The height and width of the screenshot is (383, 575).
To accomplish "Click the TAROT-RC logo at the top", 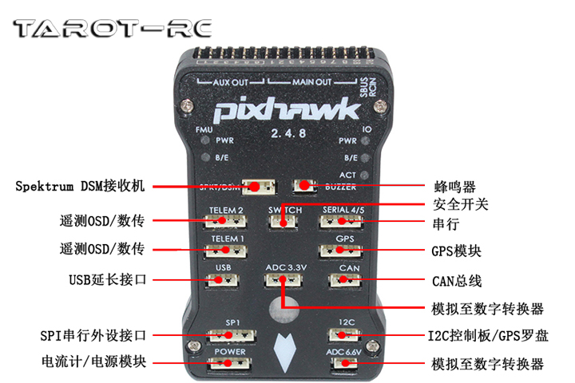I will (113, 30).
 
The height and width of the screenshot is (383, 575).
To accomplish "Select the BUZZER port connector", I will (303, 186).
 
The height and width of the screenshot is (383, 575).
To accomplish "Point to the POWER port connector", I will (228, 364).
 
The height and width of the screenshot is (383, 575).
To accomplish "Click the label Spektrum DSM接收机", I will (80, 186).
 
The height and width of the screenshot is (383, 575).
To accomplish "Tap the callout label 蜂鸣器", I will (458, 187).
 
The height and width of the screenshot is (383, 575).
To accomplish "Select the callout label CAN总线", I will (457, 281).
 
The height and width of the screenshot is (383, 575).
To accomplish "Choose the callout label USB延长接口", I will (106, 280).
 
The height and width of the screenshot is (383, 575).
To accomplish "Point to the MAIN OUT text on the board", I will (311, 82).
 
